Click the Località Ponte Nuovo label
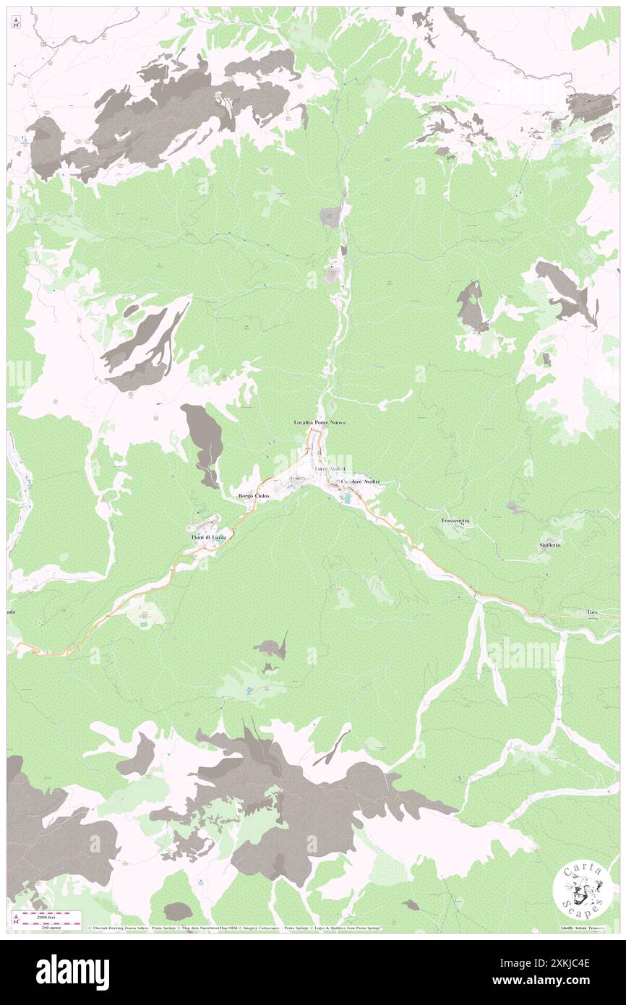tap(314, 422)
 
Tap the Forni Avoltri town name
tap(330, 470)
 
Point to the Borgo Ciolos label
tap(254, 496)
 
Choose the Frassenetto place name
tap(456, 521)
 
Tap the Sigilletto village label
tap(550, 544)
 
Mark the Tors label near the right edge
tap(593, 613)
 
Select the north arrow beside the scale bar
tap(16, 919)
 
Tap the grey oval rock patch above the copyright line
tap(178, 911)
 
